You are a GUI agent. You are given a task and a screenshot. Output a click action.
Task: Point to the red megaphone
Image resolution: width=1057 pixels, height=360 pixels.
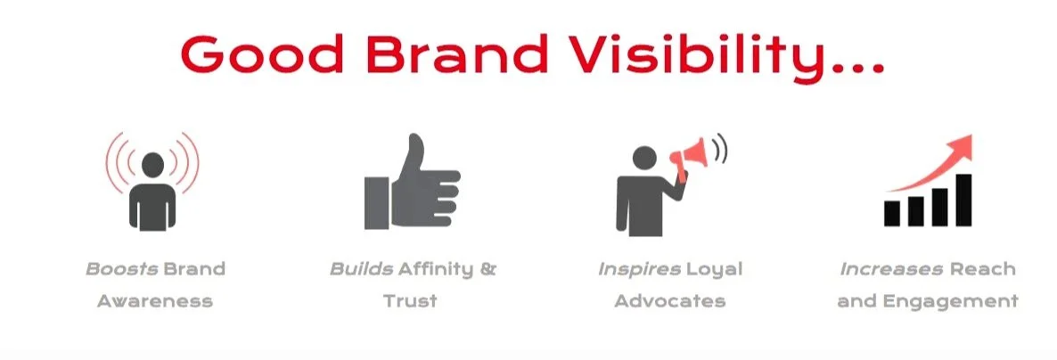[691, 158]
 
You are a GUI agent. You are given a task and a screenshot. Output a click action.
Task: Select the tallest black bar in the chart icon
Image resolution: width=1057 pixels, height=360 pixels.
[963, 200]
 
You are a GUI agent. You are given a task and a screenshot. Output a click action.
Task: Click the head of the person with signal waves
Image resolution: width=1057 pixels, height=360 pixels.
[152, 164]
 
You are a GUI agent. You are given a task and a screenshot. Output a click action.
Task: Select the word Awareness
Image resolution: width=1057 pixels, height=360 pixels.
[155, 300]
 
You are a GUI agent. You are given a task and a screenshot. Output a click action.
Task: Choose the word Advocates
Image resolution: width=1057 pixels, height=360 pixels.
[669, 300]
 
